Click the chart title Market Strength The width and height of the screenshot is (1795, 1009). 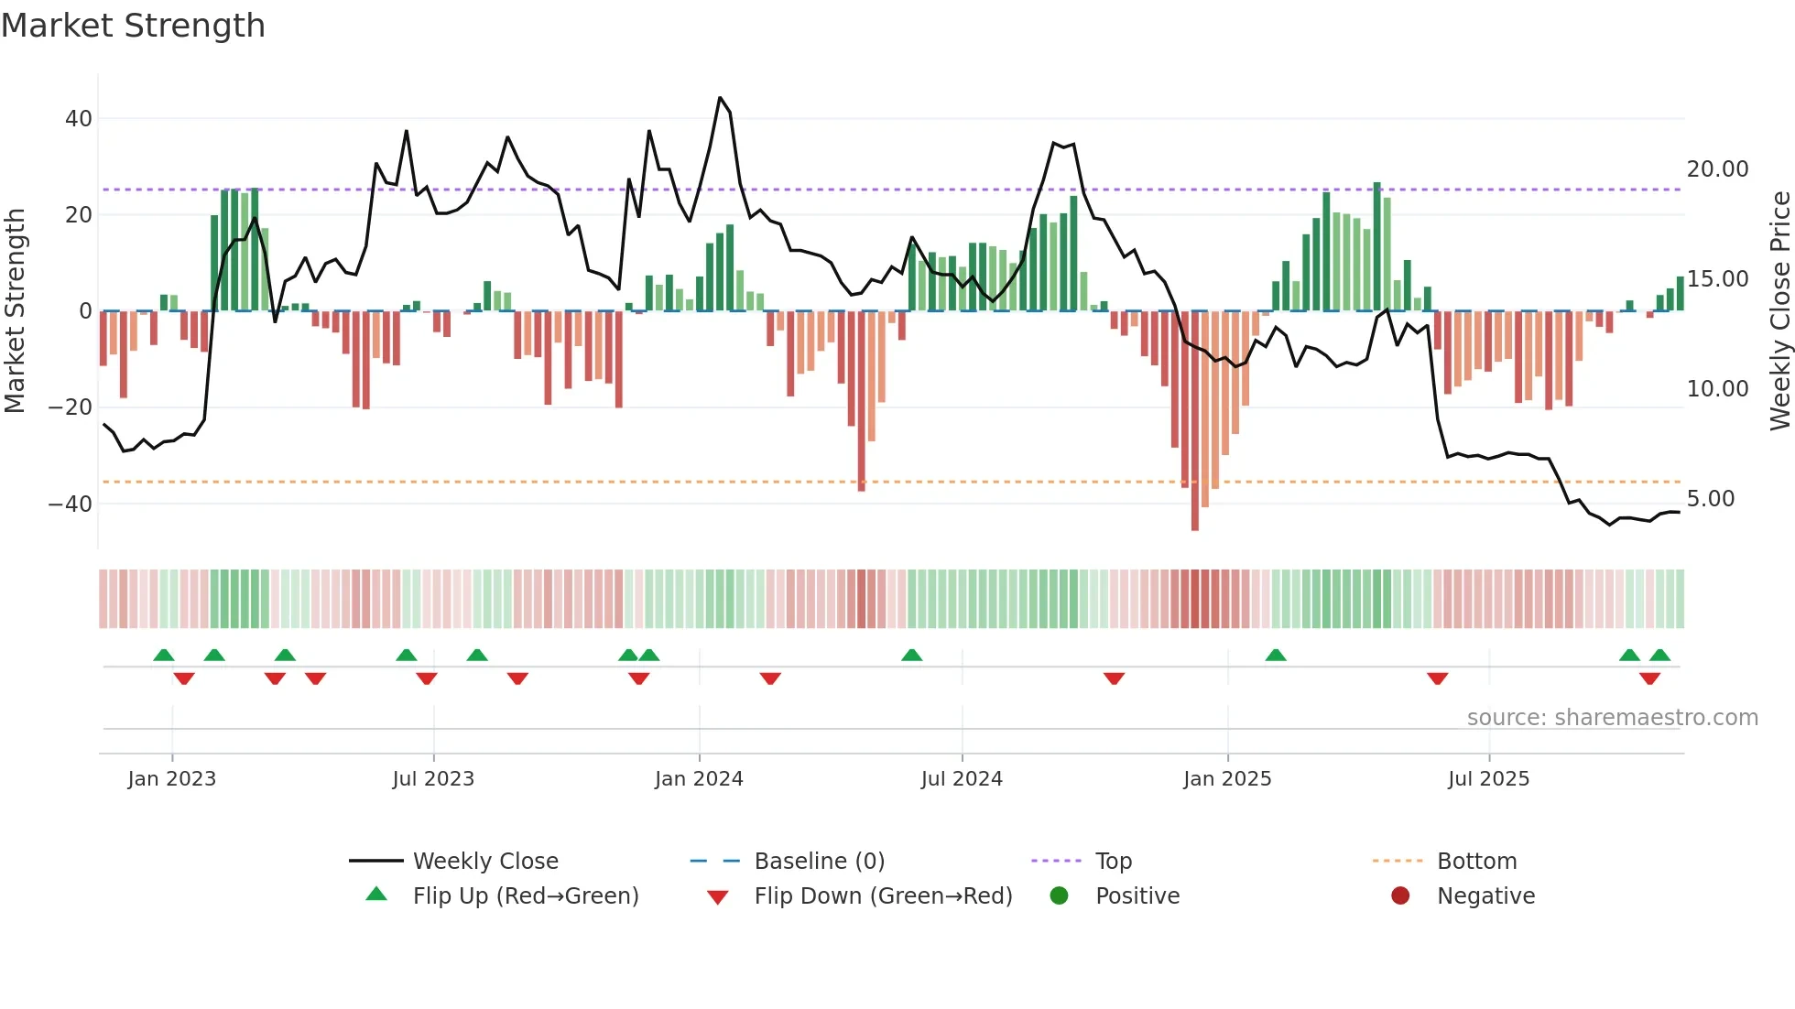coord(133,26)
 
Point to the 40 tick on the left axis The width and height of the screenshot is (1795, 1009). coord(79,119)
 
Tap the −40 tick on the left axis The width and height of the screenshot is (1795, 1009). coord(71,504)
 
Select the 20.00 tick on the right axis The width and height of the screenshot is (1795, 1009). coord(1717,169)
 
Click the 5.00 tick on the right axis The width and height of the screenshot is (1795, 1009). coord(1711,499)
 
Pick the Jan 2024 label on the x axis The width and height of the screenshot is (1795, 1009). coord(699,779)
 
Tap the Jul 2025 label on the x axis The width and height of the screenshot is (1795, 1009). coord(1488,779)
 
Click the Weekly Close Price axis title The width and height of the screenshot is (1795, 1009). coord(1779,311)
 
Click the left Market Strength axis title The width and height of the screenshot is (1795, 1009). coord(15,311)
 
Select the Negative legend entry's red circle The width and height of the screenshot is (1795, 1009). coord(1400,895)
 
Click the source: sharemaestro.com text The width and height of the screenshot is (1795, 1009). coord(1612,718)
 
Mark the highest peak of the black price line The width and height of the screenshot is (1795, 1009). coord(720,98)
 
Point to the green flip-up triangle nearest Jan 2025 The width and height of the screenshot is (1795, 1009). coord(1276,655)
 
